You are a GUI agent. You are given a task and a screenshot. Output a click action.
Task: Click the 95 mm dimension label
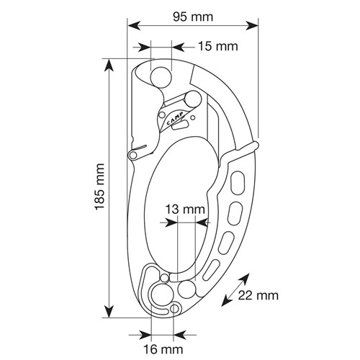pos(193,17)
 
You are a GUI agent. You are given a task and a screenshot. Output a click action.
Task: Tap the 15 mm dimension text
pos(218,46)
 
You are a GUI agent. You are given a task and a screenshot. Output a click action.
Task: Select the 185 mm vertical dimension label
pos(99,187)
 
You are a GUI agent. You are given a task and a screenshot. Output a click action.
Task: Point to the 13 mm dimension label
pos(185,210)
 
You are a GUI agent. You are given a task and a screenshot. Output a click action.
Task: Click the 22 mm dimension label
pos(258,295)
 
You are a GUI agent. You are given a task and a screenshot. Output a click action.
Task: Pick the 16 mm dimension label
pos(163,349)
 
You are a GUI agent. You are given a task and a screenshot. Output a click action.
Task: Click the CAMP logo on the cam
pos(174,118)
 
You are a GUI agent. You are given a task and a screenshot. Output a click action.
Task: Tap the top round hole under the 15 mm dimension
pos(161,77)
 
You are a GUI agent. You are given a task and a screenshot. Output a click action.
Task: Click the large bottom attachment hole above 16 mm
pos(162,294)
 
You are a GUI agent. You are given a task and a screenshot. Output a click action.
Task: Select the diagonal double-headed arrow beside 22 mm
pos(235,290)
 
